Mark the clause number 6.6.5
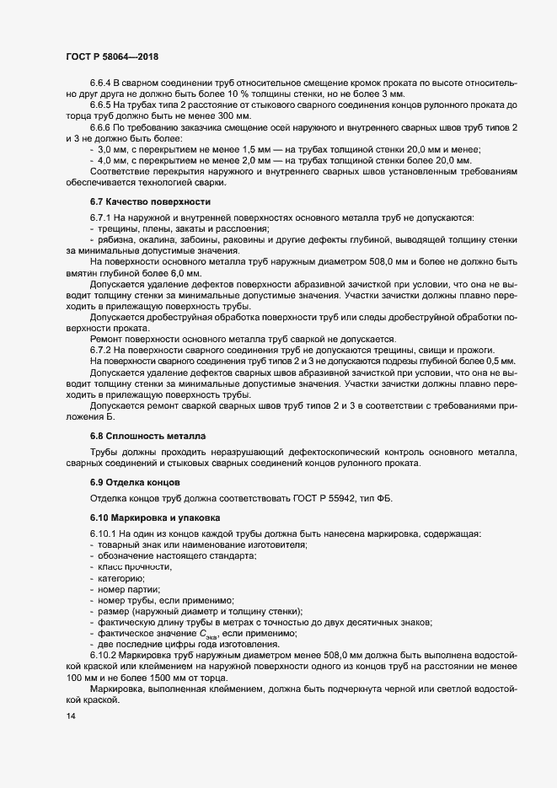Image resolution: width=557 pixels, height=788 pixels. coord(100,104)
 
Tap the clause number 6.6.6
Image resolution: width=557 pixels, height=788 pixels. coord(100,126)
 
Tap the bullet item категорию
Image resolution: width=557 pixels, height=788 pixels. coord(121,579)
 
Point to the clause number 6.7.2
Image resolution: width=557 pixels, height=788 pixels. coord(100,351)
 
